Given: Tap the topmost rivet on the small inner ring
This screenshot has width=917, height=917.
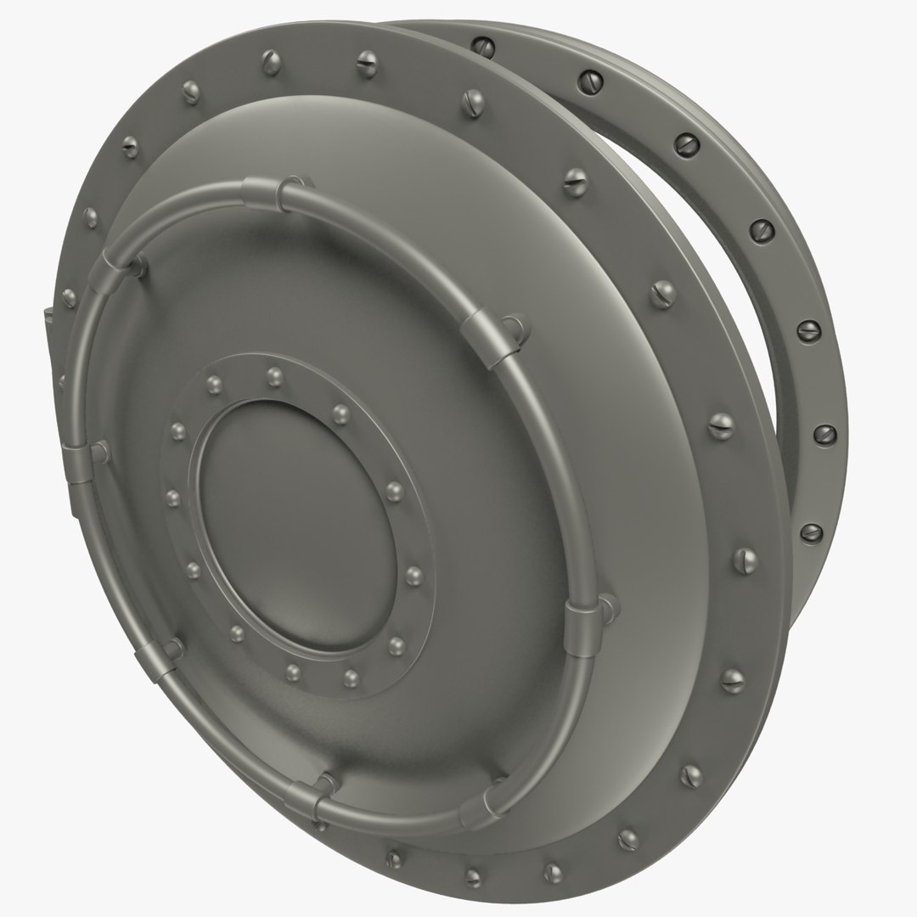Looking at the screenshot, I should click(x=273, y=374).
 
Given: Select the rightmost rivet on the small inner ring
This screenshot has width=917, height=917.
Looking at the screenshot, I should click(x=414, y=577).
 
